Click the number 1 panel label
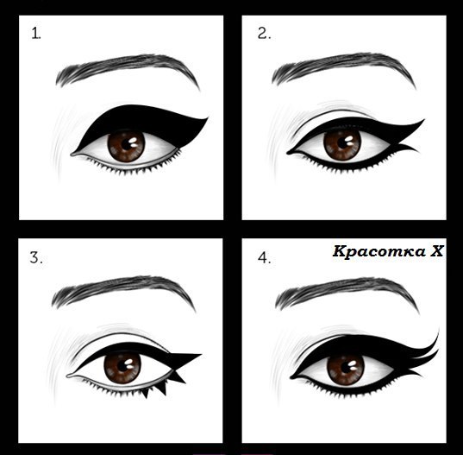[x=36, y=35]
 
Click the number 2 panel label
[x=264, y=35]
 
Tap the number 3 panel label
[x=36, y=257]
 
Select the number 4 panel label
[x=264, y=257]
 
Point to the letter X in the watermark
[x=438, y=252]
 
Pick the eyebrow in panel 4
[x=345, y=292]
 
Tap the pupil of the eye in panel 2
[x=342, y=142]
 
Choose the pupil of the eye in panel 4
[x=342, y=368]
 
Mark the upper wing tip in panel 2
[x=423, y=122]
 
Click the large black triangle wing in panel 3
[x=185, y=357]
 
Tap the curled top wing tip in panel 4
[x=436, y=333]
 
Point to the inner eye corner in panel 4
[x=295, y=377]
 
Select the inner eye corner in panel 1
[x=74, y=155]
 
